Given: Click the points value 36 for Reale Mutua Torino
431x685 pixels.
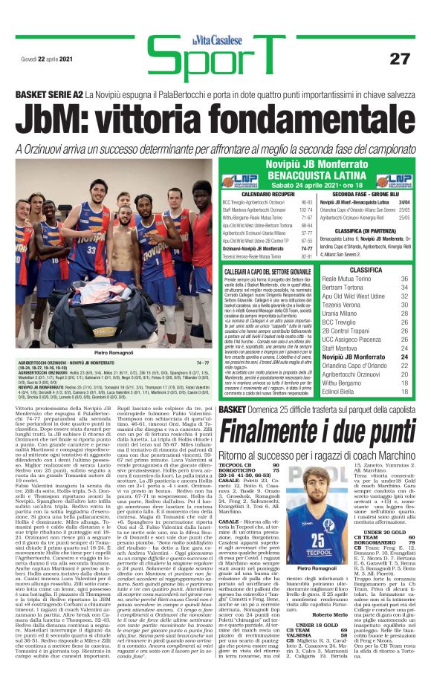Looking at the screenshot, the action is tap(404, 279).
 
